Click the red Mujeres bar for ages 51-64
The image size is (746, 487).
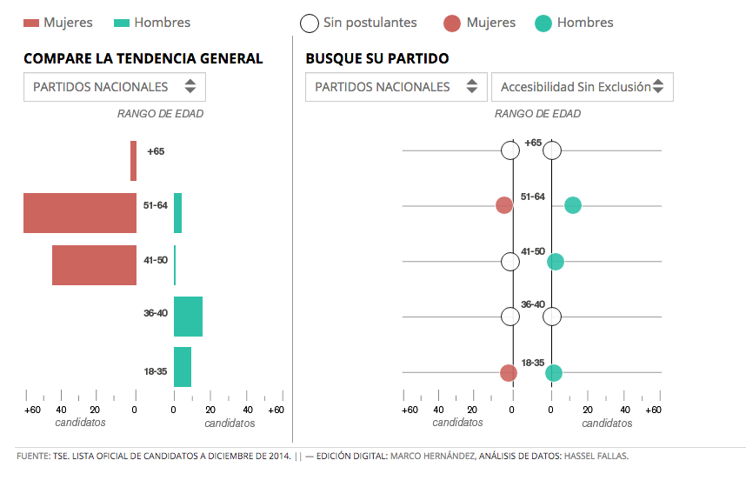pos(80,213)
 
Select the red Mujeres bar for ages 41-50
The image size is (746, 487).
pos(94,265)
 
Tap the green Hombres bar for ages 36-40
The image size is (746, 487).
pos(188,317)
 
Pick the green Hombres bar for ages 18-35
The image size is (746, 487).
pos(183,367)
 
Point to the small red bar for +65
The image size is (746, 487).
pos(133,161)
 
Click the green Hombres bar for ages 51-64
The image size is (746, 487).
pos(177,213)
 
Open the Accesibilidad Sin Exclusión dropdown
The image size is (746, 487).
pos(582,87)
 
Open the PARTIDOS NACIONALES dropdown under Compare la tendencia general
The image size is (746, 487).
pos(114,87)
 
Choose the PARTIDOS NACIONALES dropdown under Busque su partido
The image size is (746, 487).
pos(396,87)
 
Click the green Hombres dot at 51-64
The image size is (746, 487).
pos(572,205)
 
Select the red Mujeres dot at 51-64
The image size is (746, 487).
pos(503,205)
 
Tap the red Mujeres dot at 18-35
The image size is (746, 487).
pos(509,373)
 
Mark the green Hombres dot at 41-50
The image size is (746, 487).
pos(556,261)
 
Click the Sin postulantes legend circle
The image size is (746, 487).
pos(309,23)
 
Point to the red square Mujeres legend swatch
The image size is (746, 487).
pos(30,23)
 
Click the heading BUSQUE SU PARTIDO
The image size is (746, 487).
pos(377,59)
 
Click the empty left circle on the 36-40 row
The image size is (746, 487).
pos(510,317)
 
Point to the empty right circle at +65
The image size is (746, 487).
pos(552,150)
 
